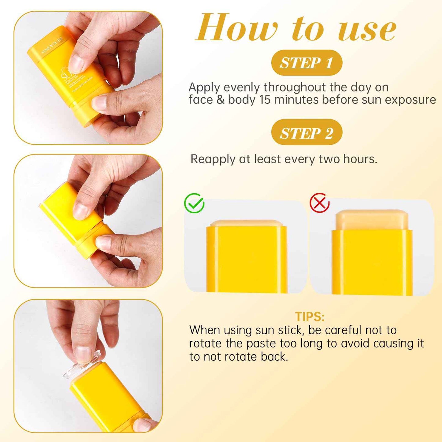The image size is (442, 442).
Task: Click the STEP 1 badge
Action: (306, 63)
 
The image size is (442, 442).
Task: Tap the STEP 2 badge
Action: (306, 133)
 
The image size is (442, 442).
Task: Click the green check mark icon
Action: (194, 203)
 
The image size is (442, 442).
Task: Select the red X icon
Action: (319, 203)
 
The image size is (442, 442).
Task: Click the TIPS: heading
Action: (310, 317)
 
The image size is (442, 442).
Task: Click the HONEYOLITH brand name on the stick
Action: (52, 46)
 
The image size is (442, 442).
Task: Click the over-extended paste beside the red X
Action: (372, 220)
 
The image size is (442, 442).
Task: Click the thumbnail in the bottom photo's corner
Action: (143, 425)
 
